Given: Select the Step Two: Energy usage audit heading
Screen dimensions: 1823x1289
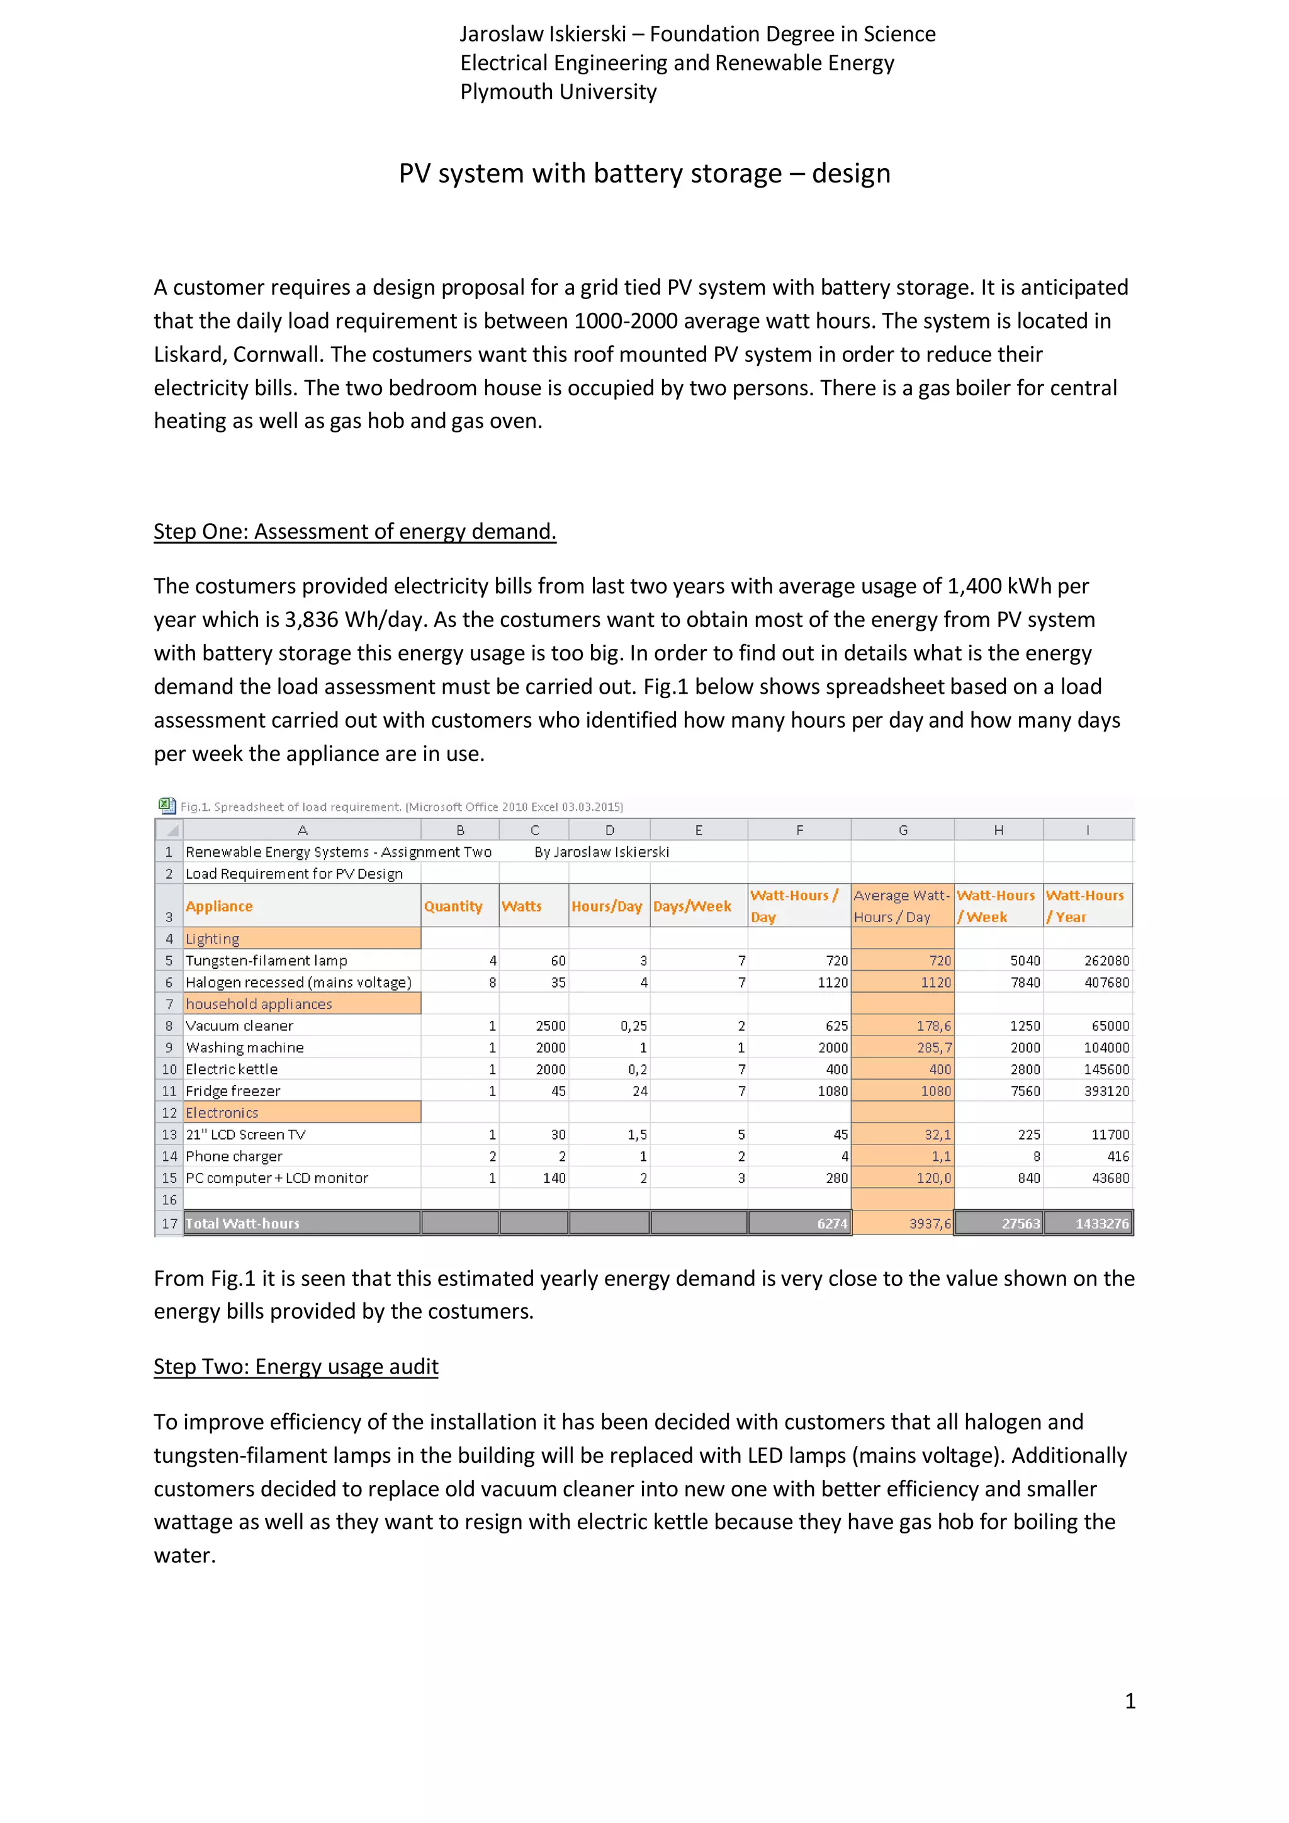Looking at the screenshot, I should point(295,1367).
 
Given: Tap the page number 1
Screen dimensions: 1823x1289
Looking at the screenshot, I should point(1130,1701).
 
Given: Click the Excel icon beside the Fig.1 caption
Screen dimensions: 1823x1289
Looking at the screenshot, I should point(166,806).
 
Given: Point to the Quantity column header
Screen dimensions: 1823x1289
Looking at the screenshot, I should point(453,906).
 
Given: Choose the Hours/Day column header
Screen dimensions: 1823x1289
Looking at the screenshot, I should point(606,906).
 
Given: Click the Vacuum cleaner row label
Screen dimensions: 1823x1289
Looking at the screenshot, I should point(239,1026).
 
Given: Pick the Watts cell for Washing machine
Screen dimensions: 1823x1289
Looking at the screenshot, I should point(550,1047).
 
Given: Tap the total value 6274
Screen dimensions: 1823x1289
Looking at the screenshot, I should point(832,1224).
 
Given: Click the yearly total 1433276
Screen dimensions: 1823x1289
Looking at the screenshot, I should point(1101,1224).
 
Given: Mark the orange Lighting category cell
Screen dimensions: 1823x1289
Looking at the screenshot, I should point(301,939).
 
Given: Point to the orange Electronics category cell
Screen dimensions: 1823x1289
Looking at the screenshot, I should point(301,1112).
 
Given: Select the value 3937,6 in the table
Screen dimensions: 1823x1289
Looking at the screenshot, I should point(930,1224).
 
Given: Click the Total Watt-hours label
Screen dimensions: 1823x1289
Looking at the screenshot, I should point(243,1224).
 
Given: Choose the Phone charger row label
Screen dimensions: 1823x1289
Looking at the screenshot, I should point(234,1156).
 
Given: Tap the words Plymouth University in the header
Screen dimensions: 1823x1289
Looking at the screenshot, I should point(558,91).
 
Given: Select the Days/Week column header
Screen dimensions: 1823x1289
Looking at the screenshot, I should point(692,906).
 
